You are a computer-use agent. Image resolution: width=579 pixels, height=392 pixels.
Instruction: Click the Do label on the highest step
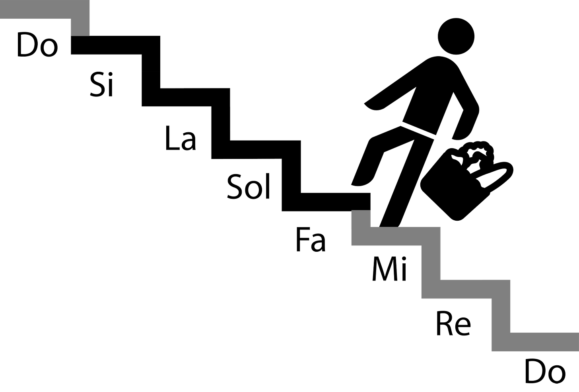[37, 45]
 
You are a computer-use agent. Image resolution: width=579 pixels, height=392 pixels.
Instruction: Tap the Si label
[102, 84]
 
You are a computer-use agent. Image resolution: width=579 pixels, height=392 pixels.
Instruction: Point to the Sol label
[249, 186]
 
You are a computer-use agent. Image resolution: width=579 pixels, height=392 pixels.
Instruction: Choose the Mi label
[390, 269]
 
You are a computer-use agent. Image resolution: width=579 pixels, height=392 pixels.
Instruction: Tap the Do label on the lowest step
[544, 371]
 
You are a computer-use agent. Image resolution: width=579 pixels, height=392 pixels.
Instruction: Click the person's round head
[456, 37]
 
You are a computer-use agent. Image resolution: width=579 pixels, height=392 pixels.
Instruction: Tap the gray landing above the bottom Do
[545, 341]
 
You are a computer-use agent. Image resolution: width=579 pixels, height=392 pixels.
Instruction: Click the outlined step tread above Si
[115, 45]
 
